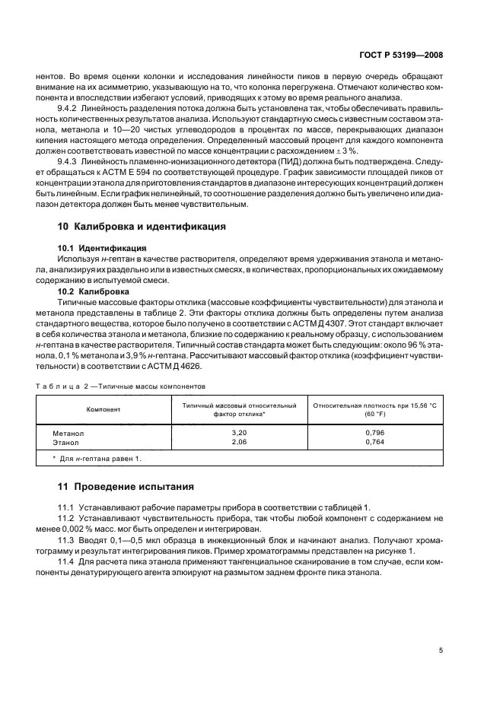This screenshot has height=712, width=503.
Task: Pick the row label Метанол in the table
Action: (67, 433)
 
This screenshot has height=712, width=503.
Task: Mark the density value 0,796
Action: (374, 433)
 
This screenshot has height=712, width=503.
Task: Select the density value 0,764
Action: (374, 441)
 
